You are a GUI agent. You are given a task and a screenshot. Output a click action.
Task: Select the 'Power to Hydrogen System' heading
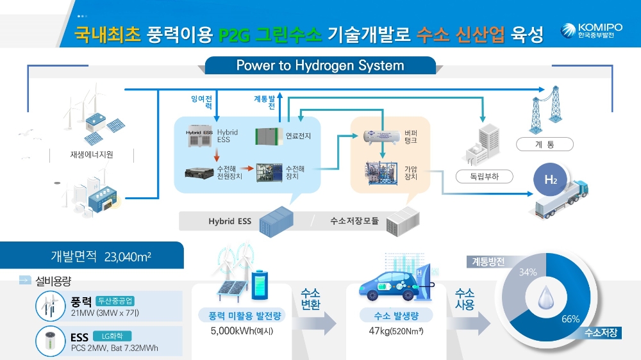320,65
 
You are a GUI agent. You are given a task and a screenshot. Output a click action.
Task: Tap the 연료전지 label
298,136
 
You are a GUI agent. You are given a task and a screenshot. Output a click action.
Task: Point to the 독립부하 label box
476,176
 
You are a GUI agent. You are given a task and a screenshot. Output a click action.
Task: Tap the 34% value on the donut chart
528,272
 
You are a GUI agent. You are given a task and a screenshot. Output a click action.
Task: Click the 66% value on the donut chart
570,318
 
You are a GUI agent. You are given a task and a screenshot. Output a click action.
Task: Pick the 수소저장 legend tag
601,332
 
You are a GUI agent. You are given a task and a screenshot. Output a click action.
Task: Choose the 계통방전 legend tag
488,261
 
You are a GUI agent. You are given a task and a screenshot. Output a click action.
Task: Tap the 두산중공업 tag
116,300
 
